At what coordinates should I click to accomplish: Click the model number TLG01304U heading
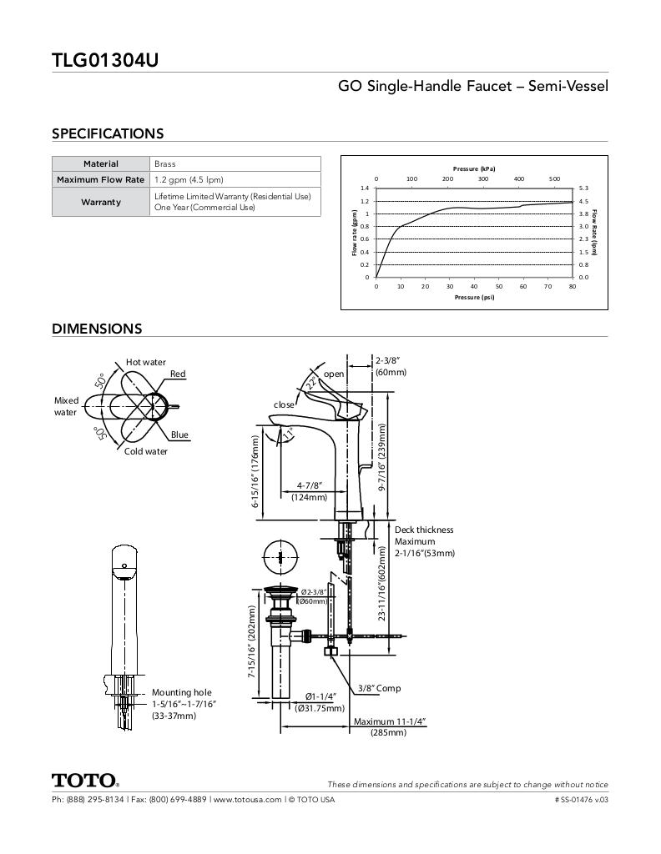pos(105,60)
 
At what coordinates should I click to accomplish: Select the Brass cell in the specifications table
pos(165,164)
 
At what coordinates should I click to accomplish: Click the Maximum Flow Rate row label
pos(101,179)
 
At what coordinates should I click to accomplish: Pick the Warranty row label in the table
pos(101,202)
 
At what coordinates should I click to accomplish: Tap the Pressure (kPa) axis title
pos(474,168)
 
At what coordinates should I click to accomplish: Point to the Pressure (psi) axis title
pos(474,297)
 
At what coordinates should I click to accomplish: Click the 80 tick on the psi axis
pos(573,286)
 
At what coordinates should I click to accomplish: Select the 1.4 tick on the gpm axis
pos(365,188)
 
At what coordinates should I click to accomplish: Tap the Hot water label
pos(146,362)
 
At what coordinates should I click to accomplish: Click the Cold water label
pos(146,451)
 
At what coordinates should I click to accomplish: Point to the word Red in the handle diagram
pos(178,374)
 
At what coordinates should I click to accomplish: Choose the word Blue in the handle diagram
pos(179,435)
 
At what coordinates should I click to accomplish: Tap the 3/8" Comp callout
pos(379,688)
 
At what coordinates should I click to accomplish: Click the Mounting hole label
pos(181,692)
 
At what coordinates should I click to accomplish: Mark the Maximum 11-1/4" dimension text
pos(390,721)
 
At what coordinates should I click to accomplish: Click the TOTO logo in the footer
pos(85,781)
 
